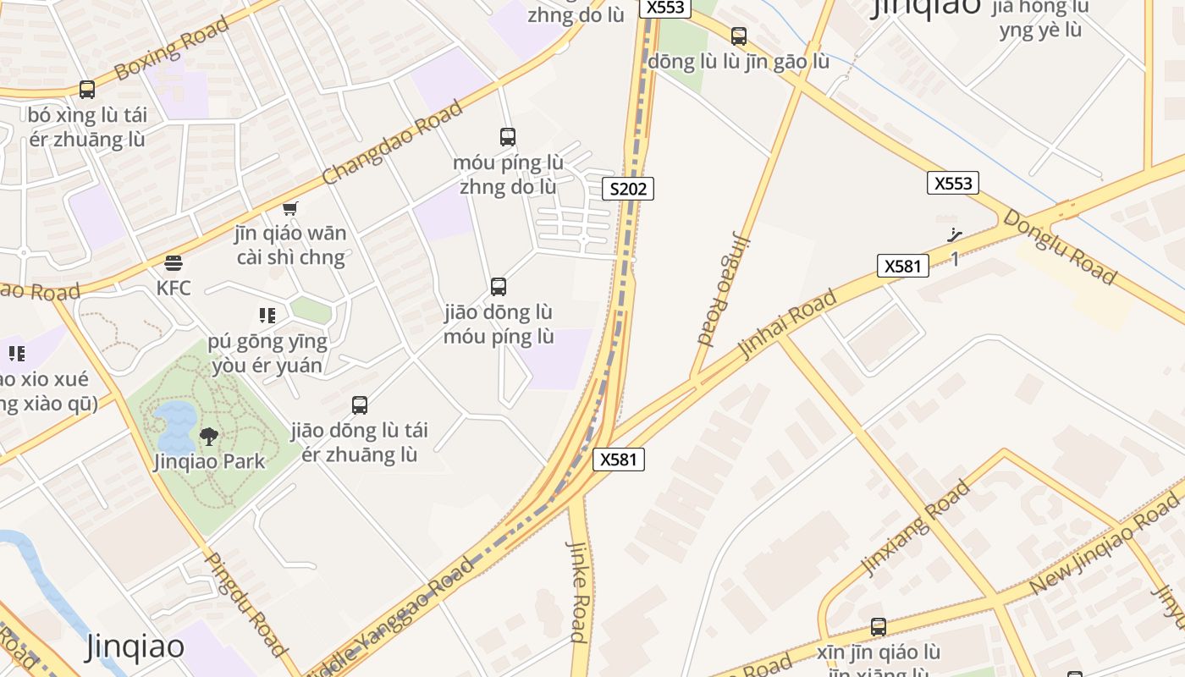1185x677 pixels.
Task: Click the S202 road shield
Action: pos(628,189)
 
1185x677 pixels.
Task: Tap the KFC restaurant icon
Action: pos(174,263)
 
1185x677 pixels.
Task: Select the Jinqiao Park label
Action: pos(209,461)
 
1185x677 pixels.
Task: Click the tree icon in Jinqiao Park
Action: pos(208,437)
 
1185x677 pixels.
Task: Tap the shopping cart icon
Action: pos(290,208)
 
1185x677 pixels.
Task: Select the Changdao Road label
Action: pos(393,142)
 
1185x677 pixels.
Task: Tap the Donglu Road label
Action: pos(1060,246)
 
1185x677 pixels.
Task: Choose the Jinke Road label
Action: pos(577,592)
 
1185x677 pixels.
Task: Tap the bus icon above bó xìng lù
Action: pos(86,89)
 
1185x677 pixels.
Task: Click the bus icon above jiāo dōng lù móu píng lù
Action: pos(499,287)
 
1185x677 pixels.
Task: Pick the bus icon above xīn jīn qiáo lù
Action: pos(879,627)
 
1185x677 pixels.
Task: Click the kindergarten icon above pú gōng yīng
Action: pos(267,316)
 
